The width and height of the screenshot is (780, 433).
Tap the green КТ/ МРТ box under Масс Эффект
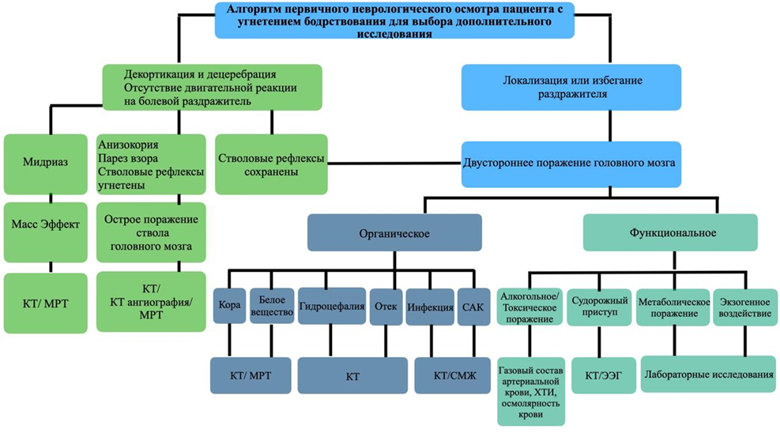45,303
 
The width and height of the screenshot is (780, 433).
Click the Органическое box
394,234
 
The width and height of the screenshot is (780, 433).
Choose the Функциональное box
672,233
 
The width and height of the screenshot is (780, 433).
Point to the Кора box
228,306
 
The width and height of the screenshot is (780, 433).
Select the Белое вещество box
271,306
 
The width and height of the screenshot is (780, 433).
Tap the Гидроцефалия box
330,306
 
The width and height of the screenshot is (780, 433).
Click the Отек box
385,306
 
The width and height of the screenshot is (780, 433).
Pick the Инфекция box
429,306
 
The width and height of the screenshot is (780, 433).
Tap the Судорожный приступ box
599,307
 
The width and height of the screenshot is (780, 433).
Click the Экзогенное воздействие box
744,307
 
